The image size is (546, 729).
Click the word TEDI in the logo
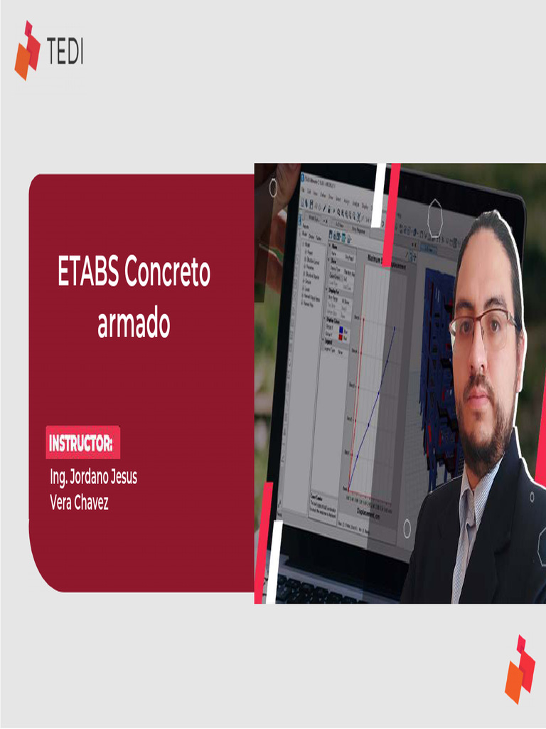click(x=65, y=52)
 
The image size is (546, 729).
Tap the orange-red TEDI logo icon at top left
click(x=27, y=51)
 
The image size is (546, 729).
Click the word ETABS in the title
click(x=87, y=273)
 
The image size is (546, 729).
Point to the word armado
click(x=134, y=325)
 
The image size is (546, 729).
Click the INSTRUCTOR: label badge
click(x=82, y=444)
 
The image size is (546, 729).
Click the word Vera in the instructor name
click(x=59, y=503)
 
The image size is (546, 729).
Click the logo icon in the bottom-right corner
click(x=520, y=669)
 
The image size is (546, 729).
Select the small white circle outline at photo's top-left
click(x=274, y=188)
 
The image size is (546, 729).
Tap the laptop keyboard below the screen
click(x=320, y=588)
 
